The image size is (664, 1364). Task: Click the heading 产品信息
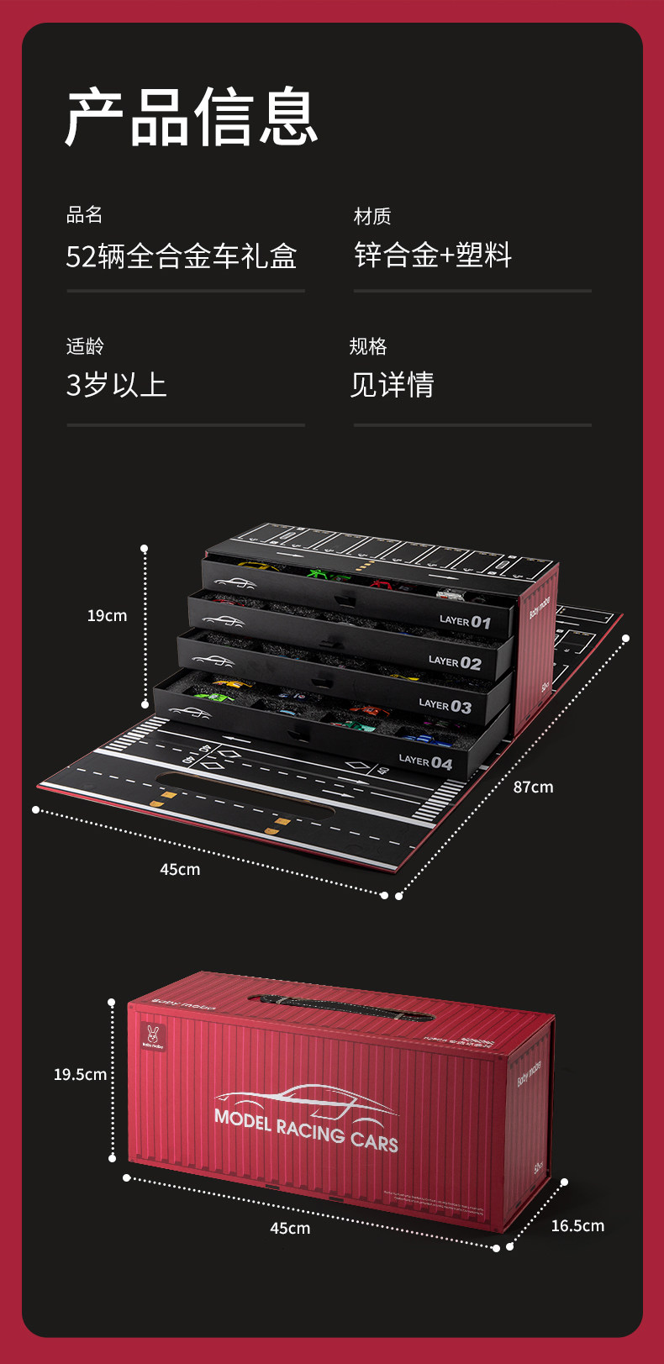[192, 117]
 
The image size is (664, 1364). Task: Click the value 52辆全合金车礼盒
[182, 256]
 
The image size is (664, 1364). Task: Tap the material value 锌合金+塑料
[433, 255]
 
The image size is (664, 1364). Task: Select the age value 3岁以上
[116, 385]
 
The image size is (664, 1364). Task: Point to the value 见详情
[392, 385]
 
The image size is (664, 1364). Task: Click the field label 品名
[84, 215]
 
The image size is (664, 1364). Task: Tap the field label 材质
[372, 217]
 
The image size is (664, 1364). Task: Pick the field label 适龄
[84, 346]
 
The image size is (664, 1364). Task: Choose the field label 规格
[367, 346]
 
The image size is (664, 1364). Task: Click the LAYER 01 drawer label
[465, 622]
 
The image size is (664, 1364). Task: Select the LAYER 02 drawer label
[455, 662]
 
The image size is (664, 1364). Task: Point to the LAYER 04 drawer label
[425, 762]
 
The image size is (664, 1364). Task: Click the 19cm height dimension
[107, 616]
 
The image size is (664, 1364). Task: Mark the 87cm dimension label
[533, 787]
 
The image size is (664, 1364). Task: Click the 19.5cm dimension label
[80, 1074]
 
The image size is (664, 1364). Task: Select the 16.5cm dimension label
[577, 1226]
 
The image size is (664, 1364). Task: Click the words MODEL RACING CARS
[306, 1130]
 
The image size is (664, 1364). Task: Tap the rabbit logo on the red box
[153, 1037]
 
